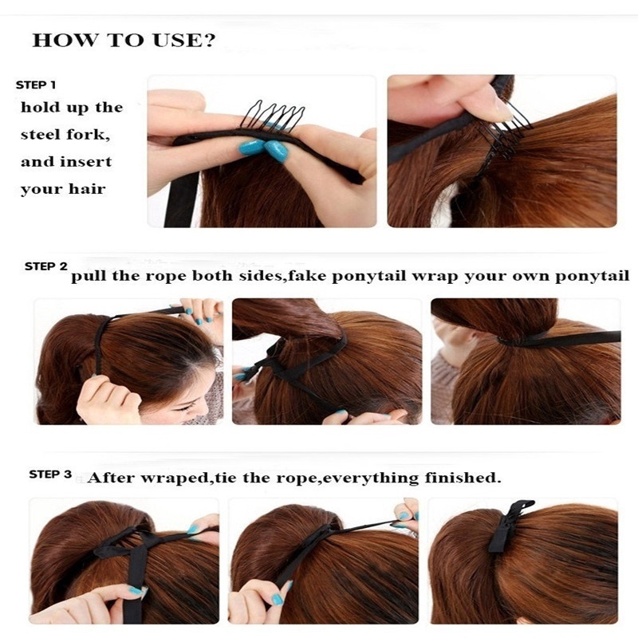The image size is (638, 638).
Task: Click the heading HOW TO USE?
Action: (x=124, y=41)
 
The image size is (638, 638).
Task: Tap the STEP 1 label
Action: (x=36, y=85)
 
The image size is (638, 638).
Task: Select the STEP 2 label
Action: (x=46, y=266)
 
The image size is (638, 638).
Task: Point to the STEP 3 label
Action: (x=50, y=475)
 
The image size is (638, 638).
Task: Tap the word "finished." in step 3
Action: (x=463, y=477)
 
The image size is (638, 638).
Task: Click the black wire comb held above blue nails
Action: (x=273, y=115)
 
